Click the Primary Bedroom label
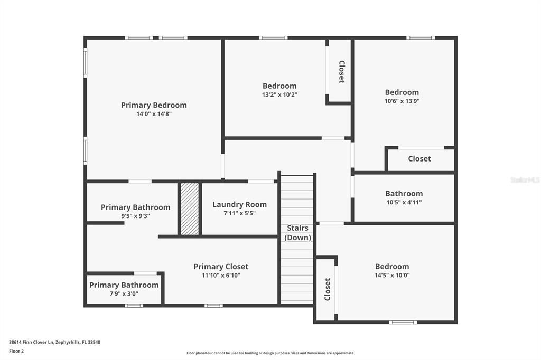pyautogui.click(x=154, y=105)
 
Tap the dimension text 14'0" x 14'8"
pyautogui.click(x=154, y=114)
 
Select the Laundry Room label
pyautogui.click(x=239, y=204)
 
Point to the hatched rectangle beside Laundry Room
pyautogui.click(x=190, y=209)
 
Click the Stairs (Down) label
pyautogui.click(x=298, y=233)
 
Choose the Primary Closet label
pyautogui.click(x=221, y=267)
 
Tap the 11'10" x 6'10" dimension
pyautogui.click(x=221, y=276)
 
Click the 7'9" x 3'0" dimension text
pyautogui.click(x=124, y=294)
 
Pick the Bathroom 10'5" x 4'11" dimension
pyautogui.click(x=404, y=202)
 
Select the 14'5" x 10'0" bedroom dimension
pyautogui.click(x=392, y=276)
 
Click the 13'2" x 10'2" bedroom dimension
pyautogui.click(x=279, y=95)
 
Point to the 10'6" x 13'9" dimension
pyautogui.click(x=402, y=101)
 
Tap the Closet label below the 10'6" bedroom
pyautogui.click(x=419, y=158)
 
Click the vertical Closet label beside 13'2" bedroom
pyautogui.click(x=341, y=72)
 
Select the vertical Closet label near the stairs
pyautogui.click(x=327, y=289)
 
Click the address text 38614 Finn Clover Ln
pyautogui.click(x=54, y=342)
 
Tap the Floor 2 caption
pyautogui.click(x=16, y=351)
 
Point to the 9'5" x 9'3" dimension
pyautogui.click(x=135, y=216)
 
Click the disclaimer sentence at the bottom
pyautogui.click(x=270, y=353)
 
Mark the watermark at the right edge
pyautogui.click(x=525, y=180)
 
